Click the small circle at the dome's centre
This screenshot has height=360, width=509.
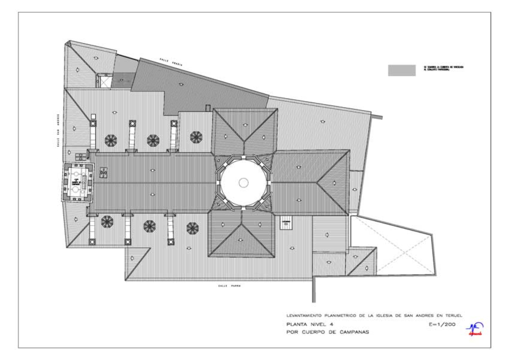243,182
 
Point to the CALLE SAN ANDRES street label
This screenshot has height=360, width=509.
58,130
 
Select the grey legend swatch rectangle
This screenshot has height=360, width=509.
401,70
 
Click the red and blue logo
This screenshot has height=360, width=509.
478,329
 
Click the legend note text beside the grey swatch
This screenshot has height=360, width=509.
444,68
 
